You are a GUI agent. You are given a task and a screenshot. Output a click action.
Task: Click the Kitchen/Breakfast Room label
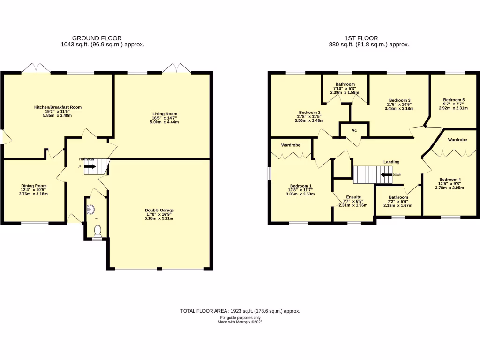click(58, 107)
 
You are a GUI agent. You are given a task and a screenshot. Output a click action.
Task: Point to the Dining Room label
click(33, 186)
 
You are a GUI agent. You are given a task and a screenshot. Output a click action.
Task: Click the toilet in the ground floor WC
click(97, 230)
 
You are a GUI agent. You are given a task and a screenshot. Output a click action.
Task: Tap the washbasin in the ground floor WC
click(90, 209)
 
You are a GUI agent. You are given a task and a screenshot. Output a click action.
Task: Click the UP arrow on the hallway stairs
click(90, 166)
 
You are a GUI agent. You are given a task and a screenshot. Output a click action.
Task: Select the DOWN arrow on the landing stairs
click(386, 175)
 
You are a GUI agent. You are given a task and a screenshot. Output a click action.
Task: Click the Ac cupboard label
click(354, 131)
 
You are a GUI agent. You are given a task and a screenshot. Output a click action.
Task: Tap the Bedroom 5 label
click(454, 100)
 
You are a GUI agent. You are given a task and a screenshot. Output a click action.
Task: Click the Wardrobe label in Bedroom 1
click(290, 145)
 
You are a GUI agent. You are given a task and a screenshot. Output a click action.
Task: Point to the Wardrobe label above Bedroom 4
click(457, 140)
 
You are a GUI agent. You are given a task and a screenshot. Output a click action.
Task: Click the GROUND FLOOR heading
click(97, 38)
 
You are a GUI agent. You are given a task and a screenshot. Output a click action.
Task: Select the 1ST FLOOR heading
click(360, 38)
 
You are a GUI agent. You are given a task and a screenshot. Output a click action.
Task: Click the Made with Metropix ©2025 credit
click(240, 322)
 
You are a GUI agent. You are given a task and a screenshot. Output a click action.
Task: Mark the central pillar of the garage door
click(159, 269)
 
